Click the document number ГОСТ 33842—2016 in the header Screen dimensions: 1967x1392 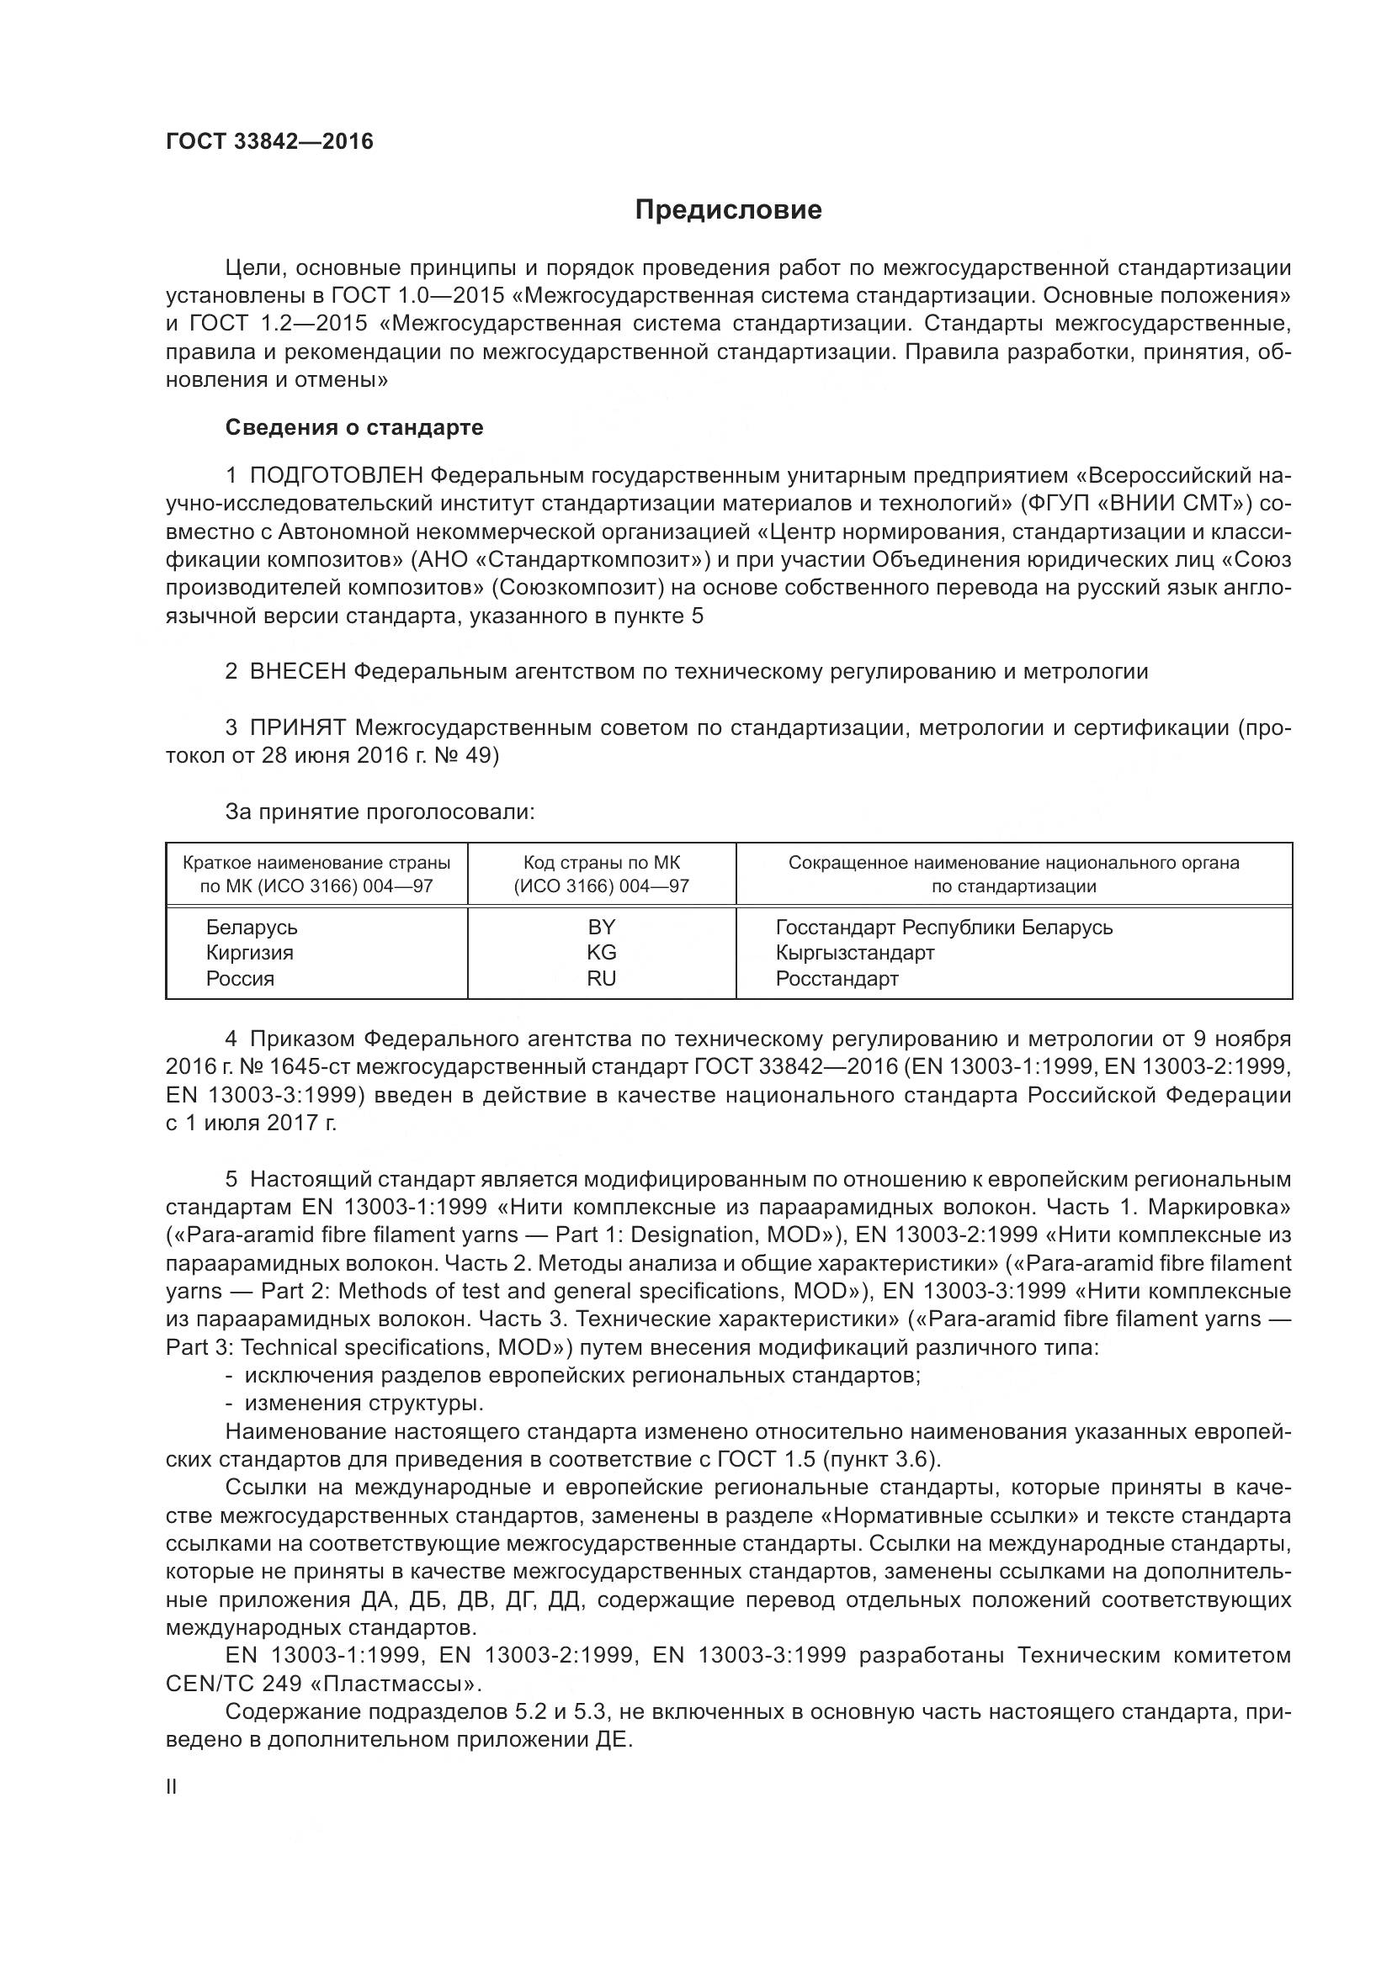click(269, 141)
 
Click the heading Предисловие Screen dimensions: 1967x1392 click(728, 210)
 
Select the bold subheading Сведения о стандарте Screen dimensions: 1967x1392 click(354, 427)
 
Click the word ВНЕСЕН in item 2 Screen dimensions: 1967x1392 click(297, 672)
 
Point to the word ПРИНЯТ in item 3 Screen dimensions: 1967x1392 click(297, 728)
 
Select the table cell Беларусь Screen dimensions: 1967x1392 click(251, 928)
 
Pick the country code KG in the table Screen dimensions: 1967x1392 click(601, 953)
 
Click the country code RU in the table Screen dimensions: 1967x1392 click(601, 978)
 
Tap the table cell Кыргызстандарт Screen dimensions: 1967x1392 click(854, 953)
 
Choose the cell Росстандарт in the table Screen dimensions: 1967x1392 click(837, 978)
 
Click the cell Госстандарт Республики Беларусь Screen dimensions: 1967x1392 click(943, 928)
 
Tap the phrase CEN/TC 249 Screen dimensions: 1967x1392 click(233, 1684)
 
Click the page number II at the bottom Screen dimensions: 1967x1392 click(171, 1787)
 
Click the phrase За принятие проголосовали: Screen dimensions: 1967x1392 click(380, 812)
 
